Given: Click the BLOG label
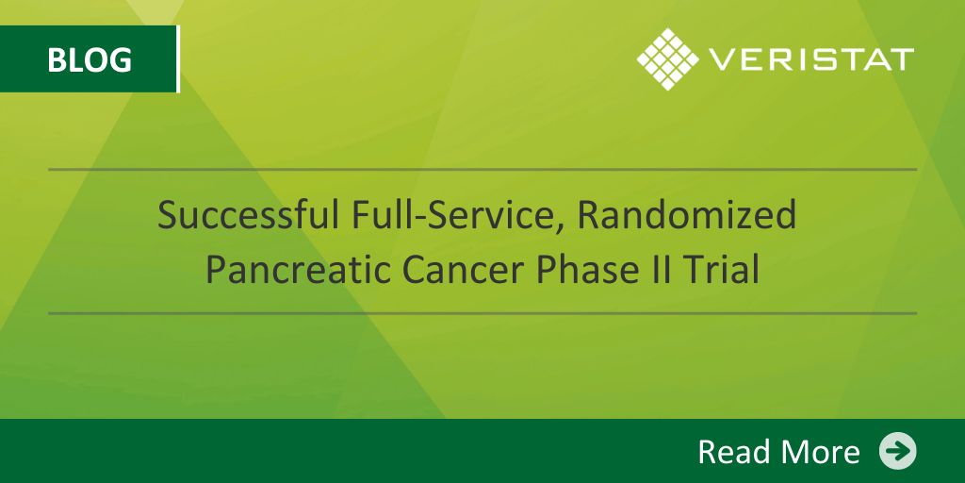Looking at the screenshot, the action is coord(90,59).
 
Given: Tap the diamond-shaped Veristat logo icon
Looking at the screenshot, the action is coord(668,59).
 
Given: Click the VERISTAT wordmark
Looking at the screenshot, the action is coord(811,59).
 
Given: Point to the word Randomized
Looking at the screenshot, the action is coord(687,217).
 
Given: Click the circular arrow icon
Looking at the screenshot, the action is coord(898,451).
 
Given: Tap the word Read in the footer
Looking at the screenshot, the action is coord(735,451).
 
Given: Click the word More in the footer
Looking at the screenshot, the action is coord(821,451).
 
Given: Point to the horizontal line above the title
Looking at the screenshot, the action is coord(482,170).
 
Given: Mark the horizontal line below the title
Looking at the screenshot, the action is coord(482,313).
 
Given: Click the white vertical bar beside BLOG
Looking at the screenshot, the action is coord(178,59).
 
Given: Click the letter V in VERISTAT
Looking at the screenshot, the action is coord(721,59).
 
